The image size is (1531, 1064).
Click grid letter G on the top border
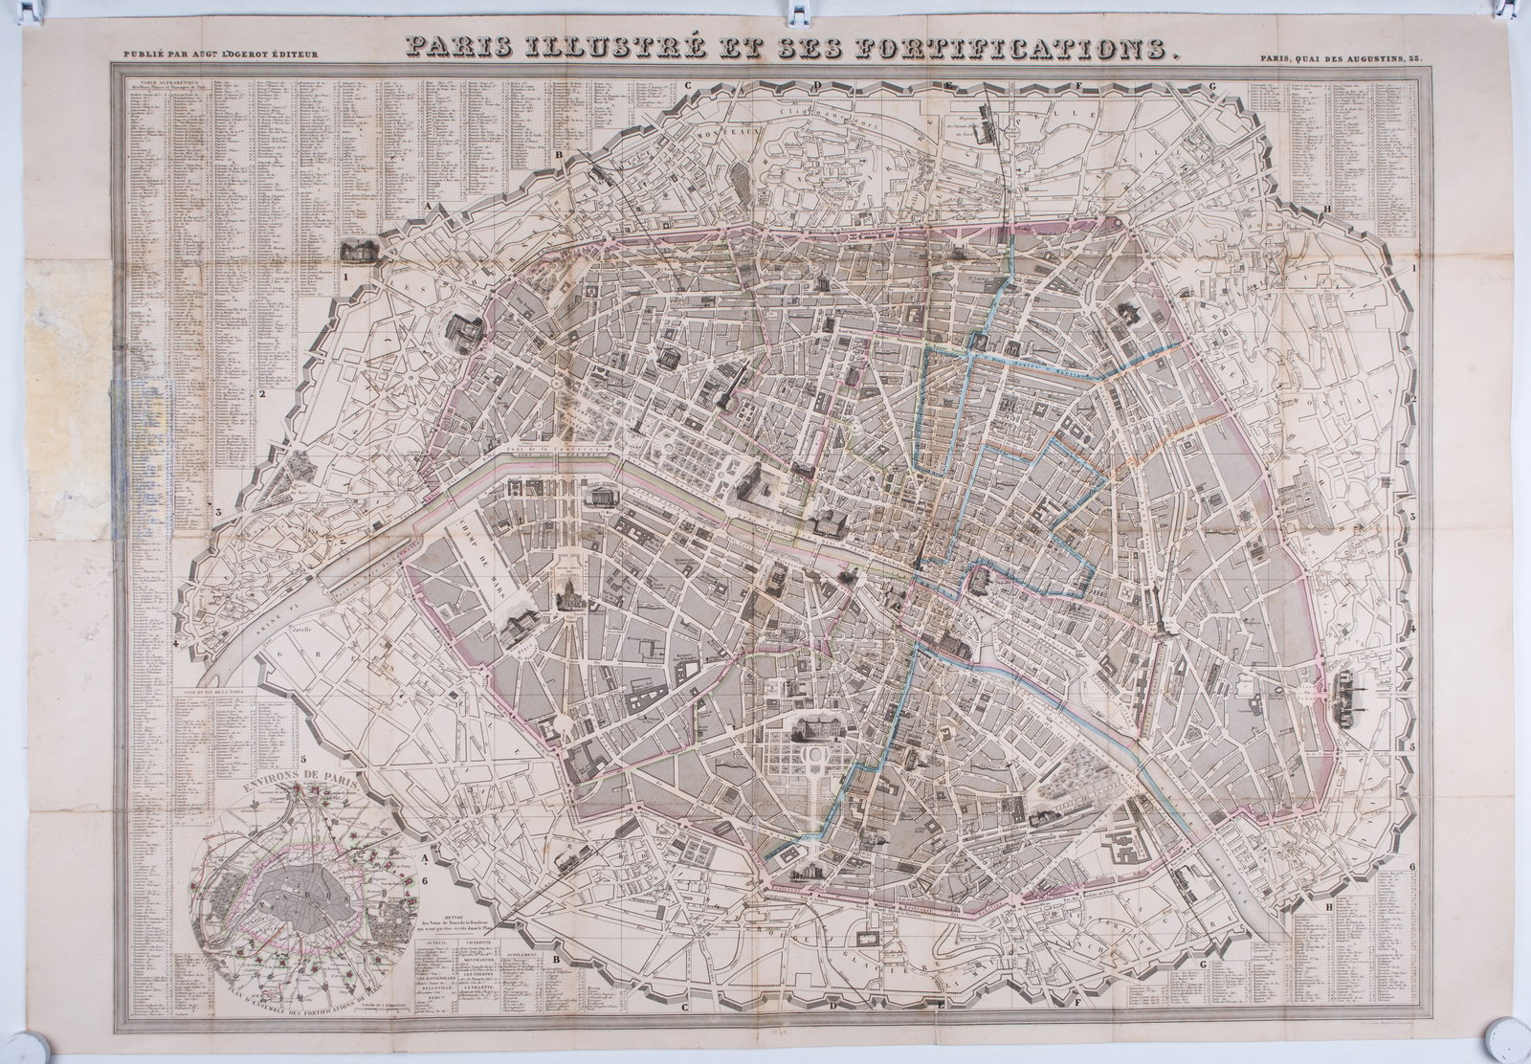point(1212,84)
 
